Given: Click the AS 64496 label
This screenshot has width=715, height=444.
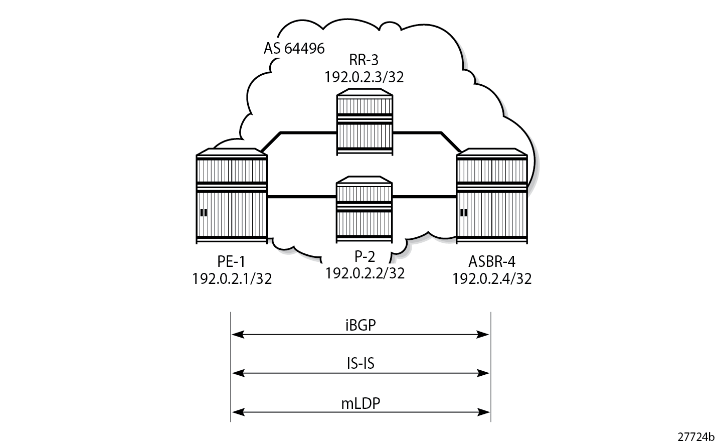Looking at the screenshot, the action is [294, 49].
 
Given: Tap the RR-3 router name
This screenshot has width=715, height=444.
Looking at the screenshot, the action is [364, 60].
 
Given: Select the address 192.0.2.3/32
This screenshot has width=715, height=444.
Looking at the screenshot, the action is [364, 77].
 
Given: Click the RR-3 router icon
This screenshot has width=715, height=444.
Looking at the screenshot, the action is [365, 122].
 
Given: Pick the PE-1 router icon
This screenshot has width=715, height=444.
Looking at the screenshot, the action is [232, 196].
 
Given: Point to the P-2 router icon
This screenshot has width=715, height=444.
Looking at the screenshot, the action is [364, 209].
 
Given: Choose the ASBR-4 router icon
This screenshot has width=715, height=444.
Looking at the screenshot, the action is [492, 196].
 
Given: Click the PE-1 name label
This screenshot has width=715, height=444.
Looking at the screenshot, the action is [232, 261].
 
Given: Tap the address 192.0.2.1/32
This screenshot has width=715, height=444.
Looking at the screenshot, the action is [232, 278].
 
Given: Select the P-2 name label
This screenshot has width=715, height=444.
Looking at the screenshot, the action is [365, 256].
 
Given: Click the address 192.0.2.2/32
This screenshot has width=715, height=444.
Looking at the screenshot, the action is [365, 273].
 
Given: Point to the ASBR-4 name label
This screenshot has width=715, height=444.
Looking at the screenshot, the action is [492, 261].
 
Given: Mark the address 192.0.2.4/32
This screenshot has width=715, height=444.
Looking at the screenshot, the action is [492, 278].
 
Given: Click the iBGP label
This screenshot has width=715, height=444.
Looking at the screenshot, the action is [361, 325].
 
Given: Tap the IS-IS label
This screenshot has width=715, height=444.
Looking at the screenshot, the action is [361, 363].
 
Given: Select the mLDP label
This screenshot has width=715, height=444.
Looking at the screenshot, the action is [361, 403].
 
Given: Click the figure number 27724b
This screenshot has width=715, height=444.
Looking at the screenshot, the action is [696, 436].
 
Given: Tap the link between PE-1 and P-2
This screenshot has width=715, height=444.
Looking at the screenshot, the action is [302, 197].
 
